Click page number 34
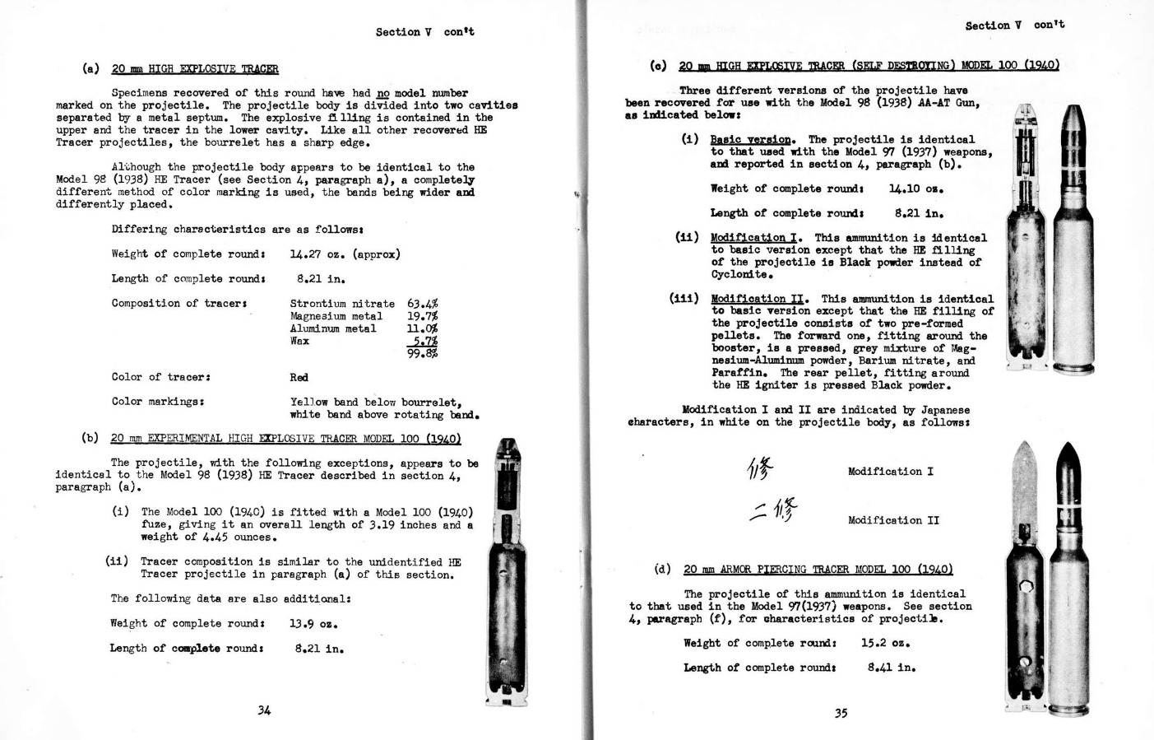click(263, 710)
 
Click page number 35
click(841, 714)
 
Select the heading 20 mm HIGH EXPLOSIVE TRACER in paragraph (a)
click(195, 69)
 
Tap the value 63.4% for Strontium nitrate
click(422, 304)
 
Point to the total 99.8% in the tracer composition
click(422, 354)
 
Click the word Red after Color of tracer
click(299, 378)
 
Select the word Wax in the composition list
click(299, 341)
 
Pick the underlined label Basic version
click(751, 140)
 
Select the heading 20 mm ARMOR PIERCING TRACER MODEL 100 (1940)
click(818, 570)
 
